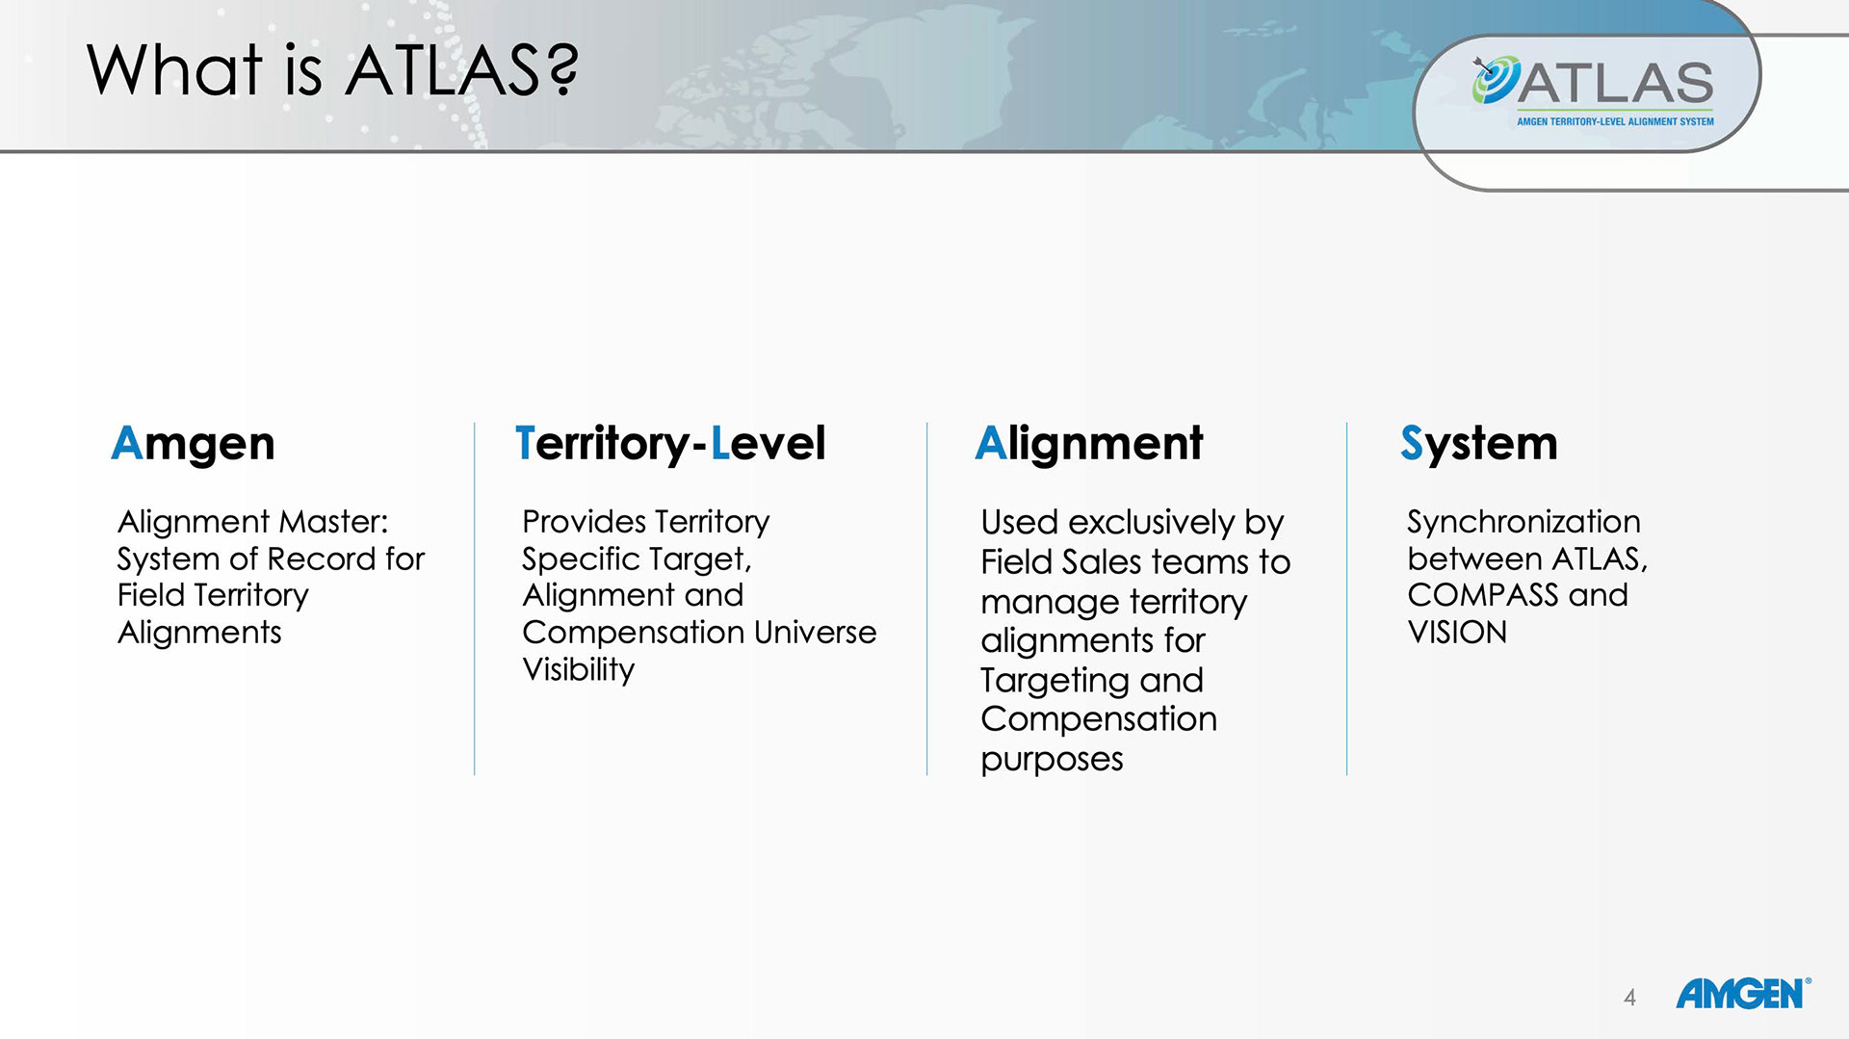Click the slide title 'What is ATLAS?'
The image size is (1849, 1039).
(332, 70)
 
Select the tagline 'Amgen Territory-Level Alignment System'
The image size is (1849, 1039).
(1615, 122)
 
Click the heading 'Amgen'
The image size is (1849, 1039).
(193, 444)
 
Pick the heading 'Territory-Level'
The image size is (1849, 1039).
(670, 444)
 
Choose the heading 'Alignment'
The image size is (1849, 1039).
(1089, 444)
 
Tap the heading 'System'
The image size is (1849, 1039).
(1479, 444)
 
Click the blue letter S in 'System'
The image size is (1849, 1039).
(1412, 444)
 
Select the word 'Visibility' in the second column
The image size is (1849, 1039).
(579, 670)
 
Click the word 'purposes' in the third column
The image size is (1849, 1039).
(1052, 760)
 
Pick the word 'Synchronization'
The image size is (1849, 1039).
(1523, 522)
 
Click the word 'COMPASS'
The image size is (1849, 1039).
(1483, 595)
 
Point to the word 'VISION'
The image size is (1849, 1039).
(1457, 633)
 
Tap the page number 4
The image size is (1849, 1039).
(1629, 998)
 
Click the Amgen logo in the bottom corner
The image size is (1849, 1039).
(1743, 994)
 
